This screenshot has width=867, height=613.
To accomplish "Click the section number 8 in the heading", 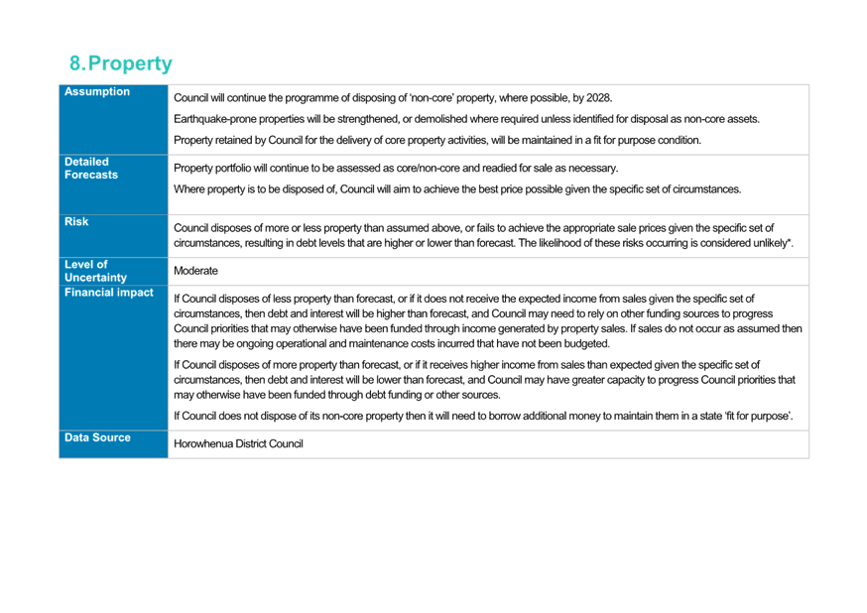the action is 75,63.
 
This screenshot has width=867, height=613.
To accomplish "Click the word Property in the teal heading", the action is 131,64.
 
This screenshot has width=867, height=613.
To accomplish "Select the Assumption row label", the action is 97,92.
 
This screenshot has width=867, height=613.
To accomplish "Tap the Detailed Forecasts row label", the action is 91,168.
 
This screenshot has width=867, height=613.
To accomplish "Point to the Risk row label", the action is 76,221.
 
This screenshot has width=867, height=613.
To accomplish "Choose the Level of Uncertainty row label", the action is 95,271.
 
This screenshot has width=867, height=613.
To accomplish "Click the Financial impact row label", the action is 109,293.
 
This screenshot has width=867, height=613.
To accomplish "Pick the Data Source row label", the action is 97,437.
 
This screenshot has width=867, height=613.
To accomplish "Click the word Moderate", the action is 195,271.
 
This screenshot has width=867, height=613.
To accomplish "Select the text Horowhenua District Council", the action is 238,443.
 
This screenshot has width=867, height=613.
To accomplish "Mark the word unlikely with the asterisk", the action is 774,243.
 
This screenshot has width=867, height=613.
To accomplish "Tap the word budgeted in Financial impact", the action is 589,344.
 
